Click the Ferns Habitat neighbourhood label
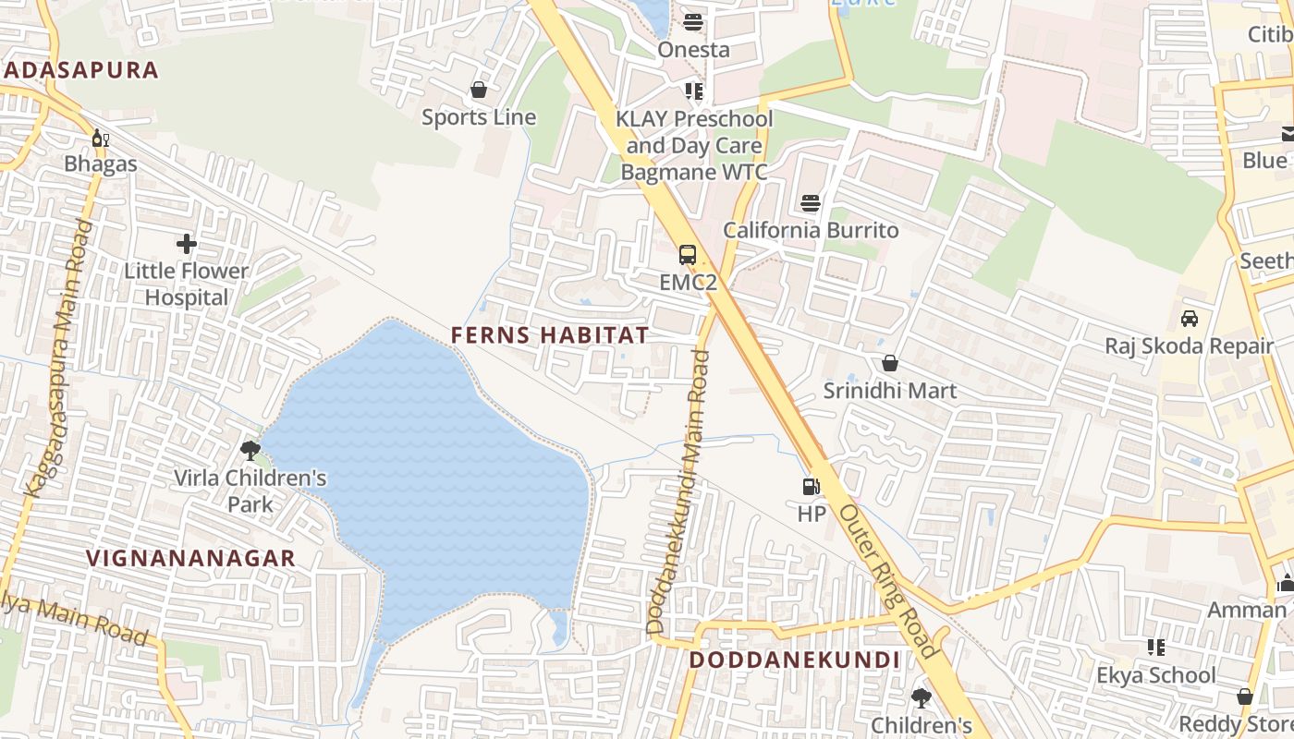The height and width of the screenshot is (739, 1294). pos(550,334)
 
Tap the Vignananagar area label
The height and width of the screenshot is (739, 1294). pos(190,558)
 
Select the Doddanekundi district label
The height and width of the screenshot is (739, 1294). pos(794,660)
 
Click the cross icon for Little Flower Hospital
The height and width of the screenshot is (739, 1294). pos(187,244)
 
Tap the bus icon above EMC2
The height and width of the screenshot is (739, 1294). pos(688,255)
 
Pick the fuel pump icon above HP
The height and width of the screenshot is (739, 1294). pos(811,486)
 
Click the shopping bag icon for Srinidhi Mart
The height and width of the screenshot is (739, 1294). pos(889,364)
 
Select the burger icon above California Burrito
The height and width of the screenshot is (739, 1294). pos(811,202)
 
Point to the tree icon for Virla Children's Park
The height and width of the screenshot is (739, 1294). pos(250,451)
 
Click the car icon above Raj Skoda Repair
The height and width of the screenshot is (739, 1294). pos(1190,319)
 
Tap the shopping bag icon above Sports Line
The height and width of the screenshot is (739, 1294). pos(479,90)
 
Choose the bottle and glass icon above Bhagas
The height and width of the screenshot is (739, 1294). pos(100,139)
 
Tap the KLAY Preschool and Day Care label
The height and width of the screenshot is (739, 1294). pos(694,132)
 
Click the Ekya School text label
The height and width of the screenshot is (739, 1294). pos(1156,675)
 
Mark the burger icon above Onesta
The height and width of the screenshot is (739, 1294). pos(693,22)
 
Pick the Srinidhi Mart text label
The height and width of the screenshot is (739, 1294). pos(889,391)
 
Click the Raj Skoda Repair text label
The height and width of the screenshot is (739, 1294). pos(1190,346)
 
